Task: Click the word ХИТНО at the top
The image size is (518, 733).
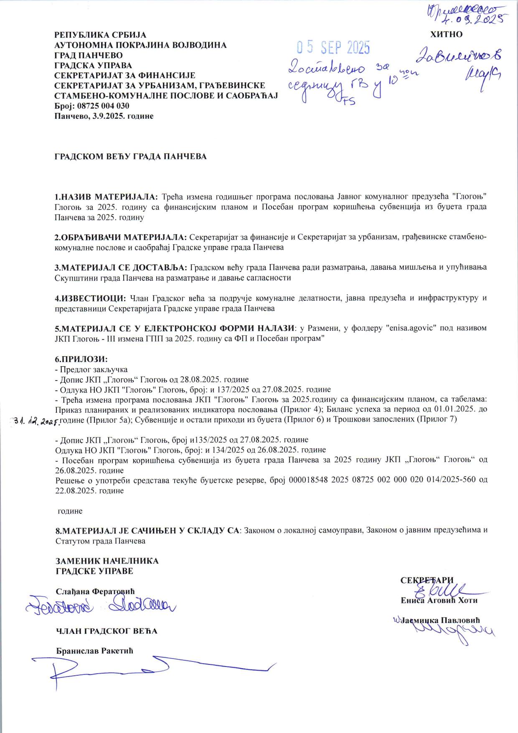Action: [x=446, y=34]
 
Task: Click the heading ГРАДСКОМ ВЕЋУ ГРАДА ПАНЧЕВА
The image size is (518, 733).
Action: [x=131, y=156]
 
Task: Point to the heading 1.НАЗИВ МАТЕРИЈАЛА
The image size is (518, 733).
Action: [x=107, y=196]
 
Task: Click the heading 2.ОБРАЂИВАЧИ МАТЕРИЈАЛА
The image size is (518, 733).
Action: [x=121, y=237]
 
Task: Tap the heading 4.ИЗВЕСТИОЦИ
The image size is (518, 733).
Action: [x=90, y=298]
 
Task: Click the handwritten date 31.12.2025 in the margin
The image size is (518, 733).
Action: [x=37, y=421]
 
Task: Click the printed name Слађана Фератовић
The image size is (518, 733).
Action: [x=95, y=591]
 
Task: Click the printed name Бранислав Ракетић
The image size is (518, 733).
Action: [x=94, y=651]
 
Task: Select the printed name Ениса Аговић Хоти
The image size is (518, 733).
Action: [x=439, y=600]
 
